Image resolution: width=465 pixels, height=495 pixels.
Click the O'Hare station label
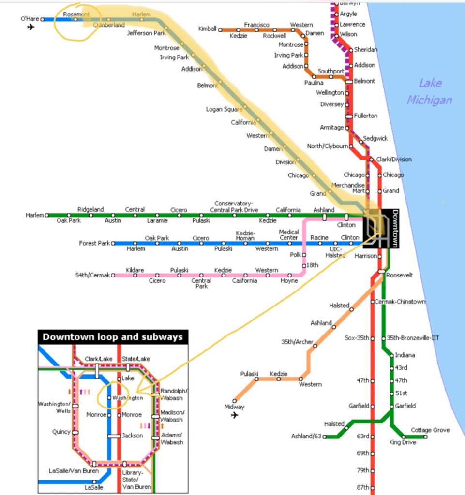29,19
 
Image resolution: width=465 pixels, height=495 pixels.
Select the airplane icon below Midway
235,415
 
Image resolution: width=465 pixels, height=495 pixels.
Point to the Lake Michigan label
429,92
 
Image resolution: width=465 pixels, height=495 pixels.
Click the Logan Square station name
224,109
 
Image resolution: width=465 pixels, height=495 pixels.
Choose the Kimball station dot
220,29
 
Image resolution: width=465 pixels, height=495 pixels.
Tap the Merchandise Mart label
348,189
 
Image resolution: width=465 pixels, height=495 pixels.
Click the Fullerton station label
365,116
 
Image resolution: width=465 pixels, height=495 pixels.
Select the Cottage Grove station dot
426,437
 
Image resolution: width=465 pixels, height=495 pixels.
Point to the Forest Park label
94,243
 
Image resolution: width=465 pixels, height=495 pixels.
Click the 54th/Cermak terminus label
92,275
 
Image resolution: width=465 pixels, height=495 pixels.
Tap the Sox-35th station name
357,337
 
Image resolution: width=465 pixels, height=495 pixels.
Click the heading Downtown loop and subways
113,337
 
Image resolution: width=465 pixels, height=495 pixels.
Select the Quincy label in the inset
61,432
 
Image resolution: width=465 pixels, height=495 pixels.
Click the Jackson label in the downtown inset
133,436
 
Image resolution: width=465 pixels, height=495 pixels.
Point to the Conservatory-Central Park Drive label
234,206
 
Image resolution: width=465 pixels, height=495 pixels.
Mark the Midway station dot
235,400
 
